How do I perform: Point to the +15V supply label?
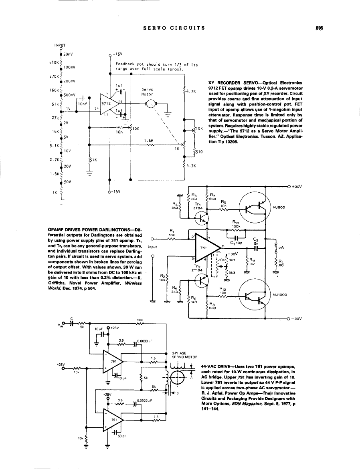pyautogui.click(x=117, y=54)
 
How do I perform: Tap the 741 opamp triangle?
pyautogui.click(x=205, y=248)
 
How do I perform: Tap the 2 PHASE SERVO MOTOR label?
pyautogui.click(x=184, y=355)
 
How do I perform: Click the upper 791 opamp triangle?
pyautogui.click(x=113, y=361)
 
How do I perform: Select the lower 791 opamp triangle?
pyautogui.click(x=113, y=419)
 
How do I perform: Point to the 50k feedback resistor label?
pyautogui.click(x=140, y=320)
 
